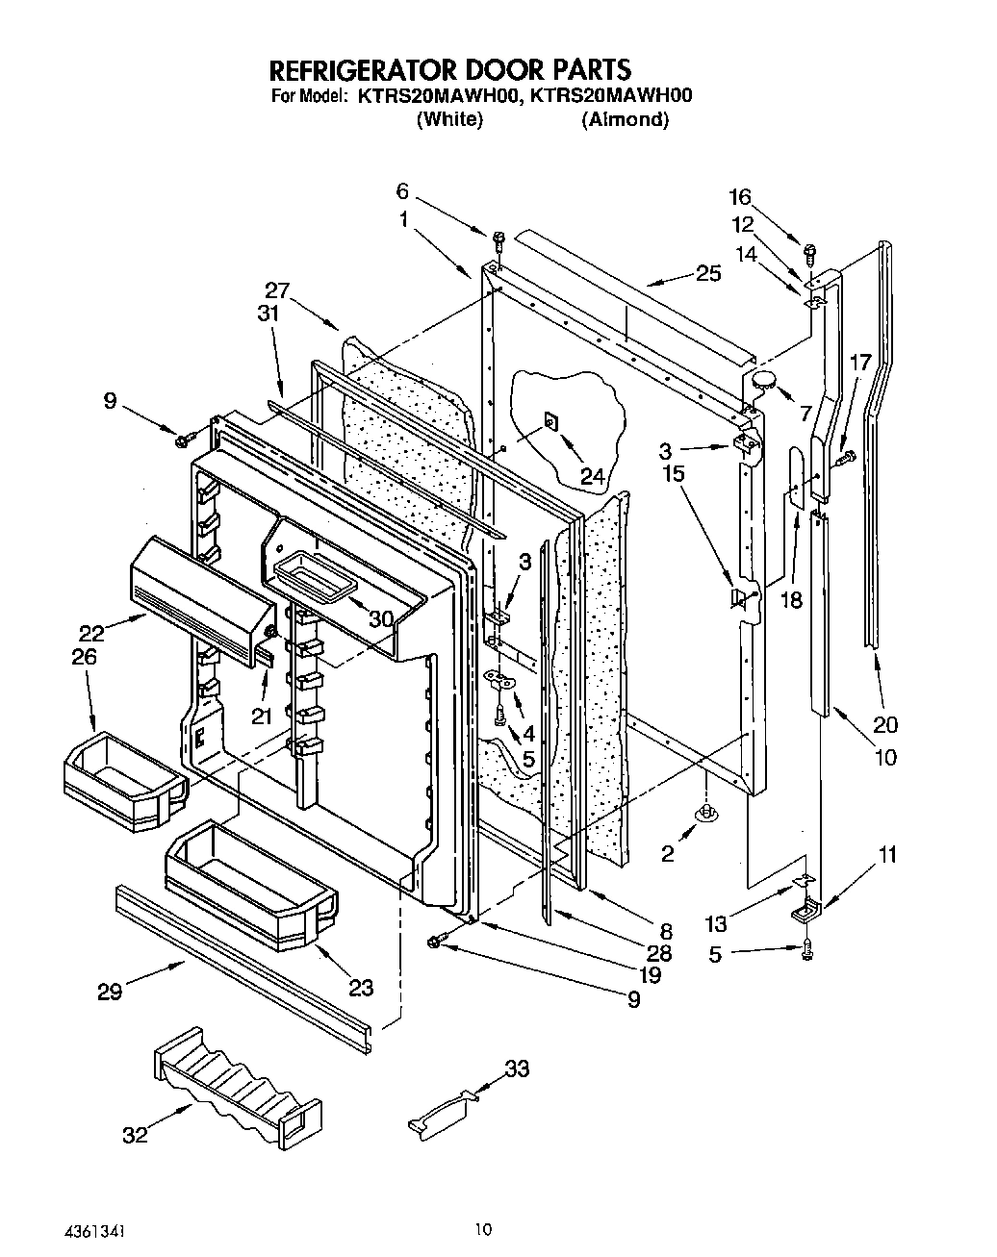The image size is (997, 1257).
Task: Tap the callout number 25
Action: pos(707,273)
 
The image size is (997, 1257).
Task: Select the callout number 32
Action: pos(135,1135)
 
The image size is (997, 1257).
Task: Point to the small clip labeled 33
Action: pos(442,1115)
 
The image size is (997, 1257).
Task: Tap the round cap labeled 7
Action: pos(766,380)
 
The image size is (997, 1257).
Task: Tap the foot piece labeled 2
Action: pos(707,814)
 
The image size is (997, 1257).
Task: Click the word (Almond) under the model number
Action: pos(625,120)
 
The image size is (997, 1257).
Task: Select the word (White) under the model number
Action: pos(448,120)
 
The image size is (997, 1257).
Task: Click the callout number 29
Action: pos(110,992)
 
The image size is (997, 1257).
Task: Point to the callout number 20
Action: pos(885,725)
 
